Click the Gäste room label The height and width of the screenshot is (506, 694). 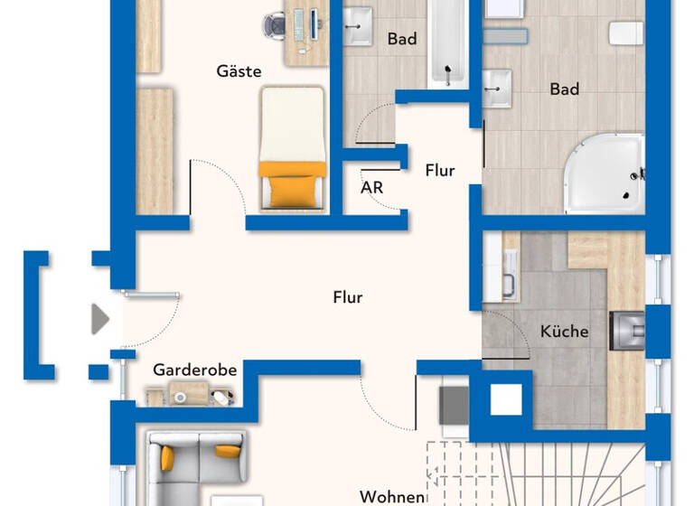coord(239,70)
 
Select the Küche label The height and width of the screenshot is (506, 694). coord(564,332)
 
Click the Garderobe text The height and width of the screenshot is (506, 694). coord(194,370)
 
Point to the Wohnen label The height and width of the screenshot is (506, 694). coord(392,497)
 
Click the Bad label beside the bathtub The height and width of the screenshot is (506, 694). coord(401,39)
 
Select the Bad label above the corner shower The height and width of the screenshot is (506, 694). coord(565,89)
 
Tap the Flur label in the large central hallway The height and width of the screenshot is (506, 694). coord(348,296)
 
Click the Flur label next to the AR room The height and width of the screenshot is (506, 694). coord(439,170)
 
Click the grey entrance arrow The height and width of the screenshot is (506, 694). coord(100,318)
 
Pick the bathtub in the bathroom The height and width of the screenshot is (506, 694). coord(445,43)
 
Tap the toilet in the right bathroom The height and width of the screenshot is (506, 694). coord(624,33)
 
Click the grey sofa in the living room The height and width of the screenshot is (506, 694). coord(194,461)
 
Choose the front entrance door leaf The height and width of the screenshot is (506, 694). coord(152,295)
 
